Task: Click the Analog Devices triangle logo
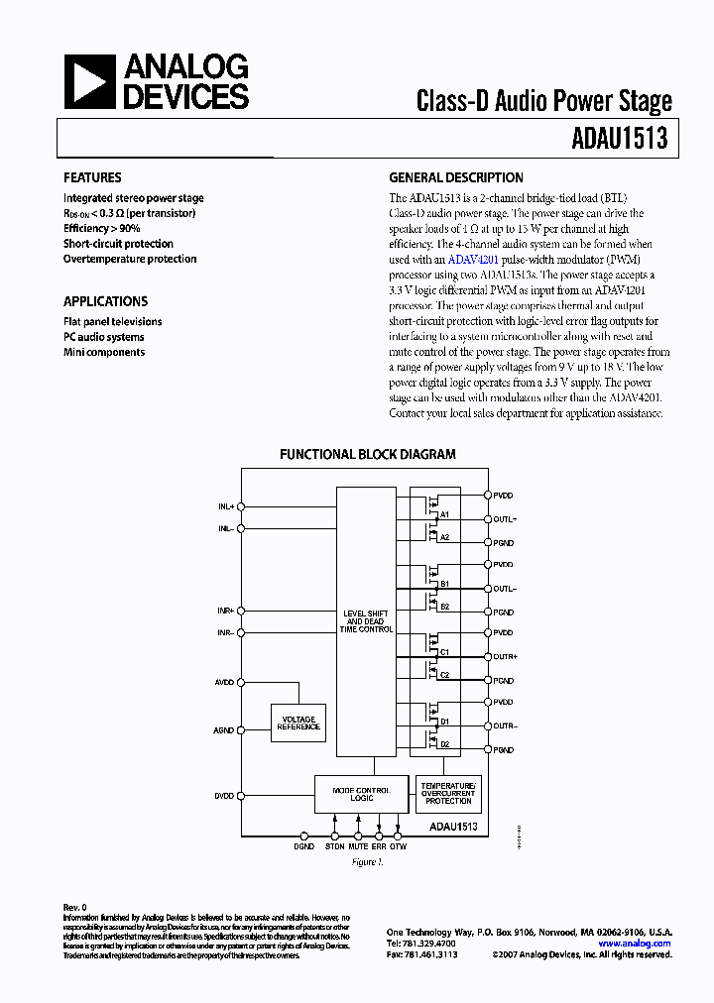click(x=89, y=82)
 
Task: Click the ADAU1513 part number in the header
click(x=619, y=139)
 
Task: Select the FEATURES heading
click(x=92, y=177)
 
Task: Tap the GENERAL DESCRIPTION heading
click(x=456, y=177)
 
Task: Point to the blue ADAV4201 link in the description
click(x=478, y=259)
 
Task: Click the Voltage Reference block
click(x=298, y=724)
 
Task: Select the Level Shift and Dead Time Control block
click(x=366, y=621)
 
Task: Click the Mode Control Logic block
click(x=361, y=795)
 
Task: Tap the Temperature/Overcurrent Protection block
click(x=448, y=793)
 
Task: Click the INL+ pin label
click(x=226, y=506)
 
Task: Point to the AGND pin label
click(x=224, y=730)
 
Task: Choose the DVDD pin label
click(x=224, y=796)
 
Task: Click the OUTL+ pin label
click(x=505, y=519)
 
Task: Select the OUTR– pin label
click(x=505, y=726)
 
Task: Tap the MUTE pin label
click(x=358, y=846)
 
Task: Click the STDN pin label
click(x=335, y=846)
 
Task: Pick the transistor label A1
click(x=445, y=514)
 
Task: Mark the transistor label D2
click(x=445, y=744)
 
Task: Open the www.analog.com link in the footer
click(x=634, y=944)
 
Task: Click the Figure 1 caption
click(x=366, y=862)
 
